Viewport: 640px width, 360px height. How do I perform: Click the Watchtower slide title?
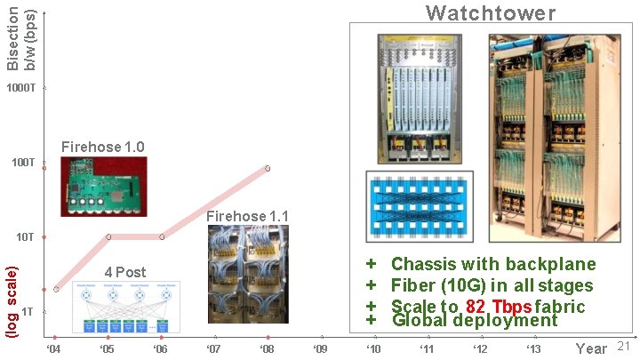tap(491, 12)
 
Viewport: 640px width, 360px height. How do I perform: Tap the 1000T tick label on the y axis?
tap(20, 89)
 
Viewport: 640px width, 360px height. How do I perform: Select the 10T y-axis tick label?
tap(25, 237)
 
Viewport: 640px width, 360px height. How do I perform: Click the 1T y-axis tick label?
tap(28, 311)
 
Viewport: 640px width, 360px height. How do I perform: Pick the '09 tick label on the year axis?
tap(321, 348)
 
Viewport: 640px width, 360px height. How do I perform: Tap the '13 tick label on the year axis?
tap(533, 348)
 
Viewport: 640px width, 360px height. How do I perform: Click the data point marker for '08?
tap(268, 168)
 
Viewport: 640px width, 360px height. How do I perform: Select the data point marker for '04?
tap(56, 289)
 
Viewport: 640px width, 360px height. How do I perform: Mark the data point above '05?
tap(108, 237)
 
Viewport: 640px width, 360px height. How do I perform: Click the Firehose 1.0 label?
tap(102, 147)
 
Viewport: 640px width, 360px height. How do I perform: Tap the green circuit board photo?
tap(103, 186)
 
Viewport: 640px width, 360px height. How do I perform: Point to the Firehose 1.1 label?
tap(247, 216)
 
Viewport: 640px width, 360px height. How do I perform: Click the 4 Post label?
tap(124, 272)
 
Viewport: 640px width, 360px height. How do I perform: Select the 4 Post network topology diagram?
tap(125, 308)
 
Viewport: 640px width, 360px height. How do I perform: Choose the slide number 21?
tap(622, 346)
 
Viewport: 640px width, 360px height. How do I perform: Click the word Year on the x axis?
tap(591, 348)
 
